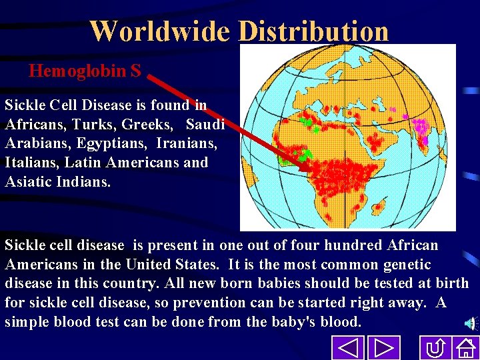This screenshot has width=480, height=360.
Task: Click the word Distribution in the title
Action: tap(313, 31)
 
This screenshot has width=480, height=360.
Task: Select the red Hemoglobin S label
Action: tap(85, 71)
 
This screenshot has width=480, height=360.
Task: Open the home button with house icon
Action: tap(465, 348)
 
